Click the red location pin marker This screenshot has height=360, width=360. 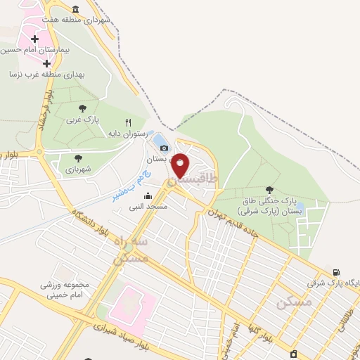181,165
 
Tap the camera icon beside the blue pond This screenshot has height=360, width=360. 165,148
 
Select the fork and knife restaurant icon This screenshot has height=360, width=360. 128,122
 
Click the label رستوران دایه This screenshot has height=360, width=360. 127,133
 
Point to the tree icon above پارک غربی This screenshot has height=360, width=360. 83,108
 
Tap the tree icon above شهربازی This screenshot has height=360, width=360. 78,157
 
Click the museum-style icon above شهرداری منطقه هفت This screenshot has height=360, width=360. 96,8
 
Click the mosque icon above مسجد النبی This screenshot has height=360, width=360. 146,197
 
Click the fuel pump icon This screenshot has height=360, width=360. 336,273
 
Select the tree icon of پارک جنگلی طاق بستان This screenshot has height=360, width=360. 269,189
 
